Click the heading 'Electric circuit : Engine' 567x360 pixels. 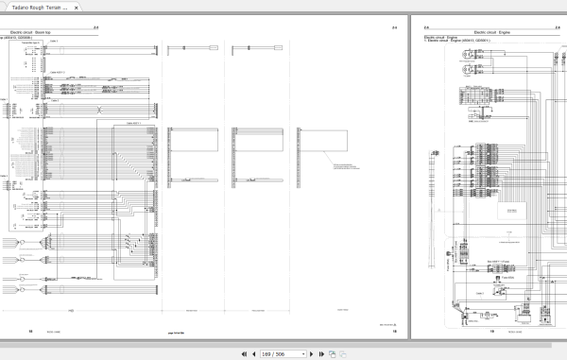443,32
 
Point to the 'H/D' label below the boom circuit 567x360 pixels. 71,310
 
